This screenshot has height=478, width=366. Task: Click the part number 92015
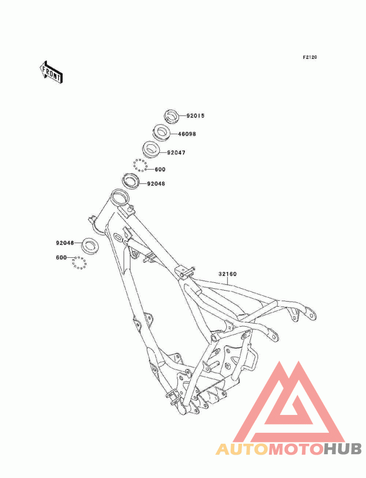click(195, 116)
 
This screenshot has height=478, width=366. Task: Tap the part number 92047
click(176, 152)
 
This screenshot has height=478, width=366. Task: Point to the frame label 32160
click(227, 275)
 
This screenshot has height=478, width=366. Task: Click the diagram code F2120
click(310, 58)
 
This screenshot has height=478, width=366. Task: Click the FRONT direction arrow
click(51, 72)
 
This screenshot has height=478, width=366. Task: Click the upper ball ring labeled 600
click(140, 165)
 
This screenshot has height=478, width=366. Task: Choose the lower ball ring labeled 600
click(79, 263)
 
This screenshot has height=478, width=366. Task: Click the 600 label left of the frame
click(61, 258)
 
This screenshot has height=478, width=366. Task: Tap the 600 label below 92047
click(160, 170)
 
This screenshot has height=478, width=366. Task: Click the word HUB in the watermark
click(343, 449)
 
